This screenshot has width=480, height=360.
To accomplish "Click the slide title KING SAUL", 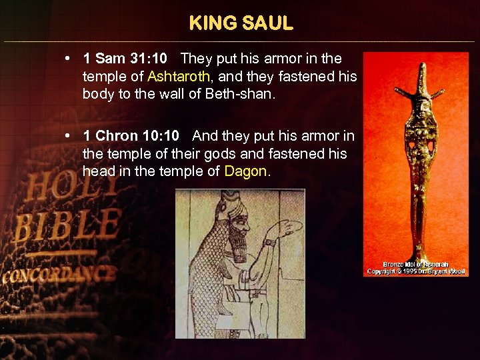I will (x=241, y=24).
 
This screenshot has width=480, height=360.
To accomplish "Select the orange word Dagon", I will (x=245, y=171).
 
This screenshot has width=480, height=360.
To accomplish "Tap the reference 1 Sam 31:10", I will (x=125, y=59).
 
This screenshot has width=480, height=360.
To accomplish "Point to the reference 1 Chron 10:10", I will (x=131, y=136).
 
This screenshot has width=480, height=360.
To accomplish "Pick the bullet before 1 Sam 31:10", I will (x=69, y=59).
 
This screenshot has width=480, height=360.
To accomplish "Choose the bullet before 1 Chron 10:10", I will (x=69, y=136).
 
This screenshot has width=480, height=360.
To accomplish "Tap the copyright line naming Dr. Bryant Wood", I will (x=417, y=271).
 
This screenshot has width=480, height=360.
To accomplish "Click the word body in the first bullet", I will (x=97, y=93).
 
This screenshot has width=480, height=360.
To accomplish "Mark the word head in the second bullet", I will (x=98, y=171).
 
